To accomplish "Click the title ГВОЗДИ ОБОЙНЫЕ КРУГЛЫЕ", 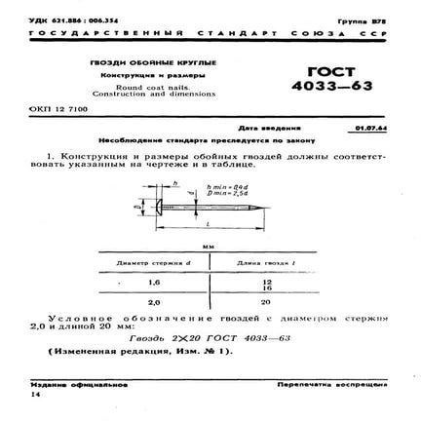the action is coord(140,63).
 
